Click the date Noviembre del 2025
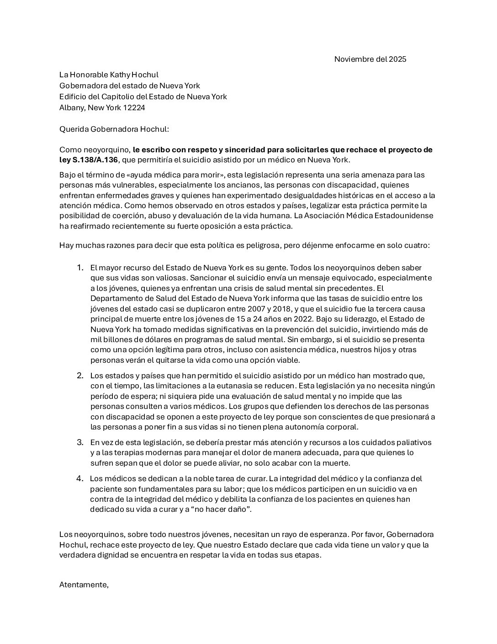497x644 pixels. point(370,59)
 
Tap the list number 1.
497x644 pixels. point(80,268)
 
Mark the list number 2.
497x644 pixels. point(80,376)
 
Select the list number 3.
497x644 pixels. point(80,442)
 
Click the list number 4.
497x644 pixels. point(80,478)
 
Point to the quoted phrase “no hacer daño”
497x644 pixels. point(222,509)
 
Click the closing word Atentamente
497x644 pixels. point(84,584)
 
